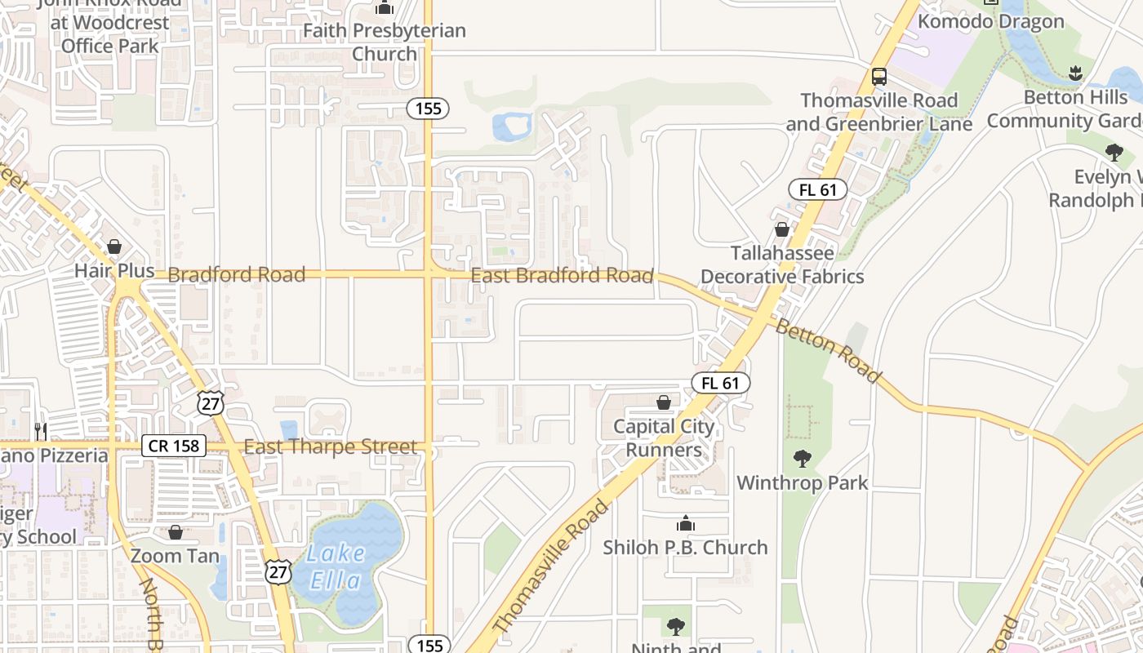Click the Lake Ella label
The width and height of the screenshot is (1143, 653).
[336, 566]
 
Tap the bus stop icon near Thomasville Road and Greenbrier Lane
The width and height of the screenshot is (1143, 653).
[878, 77]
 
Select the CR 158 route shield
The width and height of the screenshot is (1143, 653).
[174, 446]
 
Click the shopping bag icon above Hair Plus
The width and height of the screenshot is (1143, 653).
[114, 247]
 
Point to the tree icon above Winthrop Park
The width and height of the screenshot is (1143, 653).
[803, 459]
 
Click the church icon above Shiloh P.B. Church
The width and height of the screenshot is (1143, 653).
[686, 523]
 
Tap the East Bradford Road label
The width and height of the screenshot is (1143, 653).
[562, 276]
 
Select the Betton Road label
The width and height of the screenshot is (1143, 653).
[828, 351]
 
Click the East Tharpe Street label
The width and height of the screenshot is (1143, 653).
[331, 447]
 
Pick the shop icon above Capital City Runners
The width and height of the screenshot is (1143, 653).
[664, 402]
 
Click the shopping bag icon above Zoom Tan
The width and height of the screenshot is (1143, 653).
[176, 533]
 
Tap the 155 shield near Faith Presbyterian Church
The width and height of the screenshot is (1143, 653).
[429, 108]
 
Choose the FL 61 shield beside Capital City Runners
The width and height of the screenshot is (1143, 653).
[720, 382]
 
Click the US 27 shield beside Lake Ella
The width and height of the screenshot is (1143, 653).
[278, 571]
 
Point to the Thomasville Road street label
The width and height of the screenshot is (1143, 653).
[551, 566]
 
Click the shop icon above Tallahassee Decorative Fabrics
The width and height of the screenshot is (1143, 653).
[781, 230]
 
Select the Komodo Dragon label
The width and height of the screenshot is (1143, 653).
[991, 21]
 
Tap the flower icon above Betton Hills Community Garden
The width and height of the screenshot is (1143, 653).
[1075, 73]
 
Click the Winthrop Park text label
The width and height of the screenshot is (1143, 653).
[803, 483]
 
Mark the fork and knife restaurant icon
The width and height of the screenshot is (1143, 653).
[40, 430]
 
